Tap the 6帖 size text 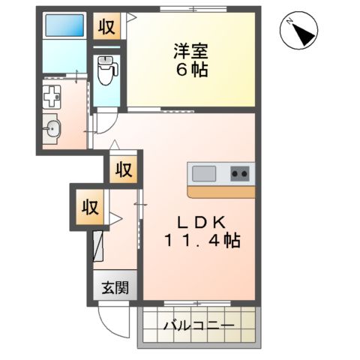pos(190,72)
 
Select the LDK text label pos(198,223)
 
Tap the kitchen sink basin pos(204,174)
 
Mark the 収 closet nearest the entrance pos(89,205)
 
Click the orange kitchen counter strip pos(220,191)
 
